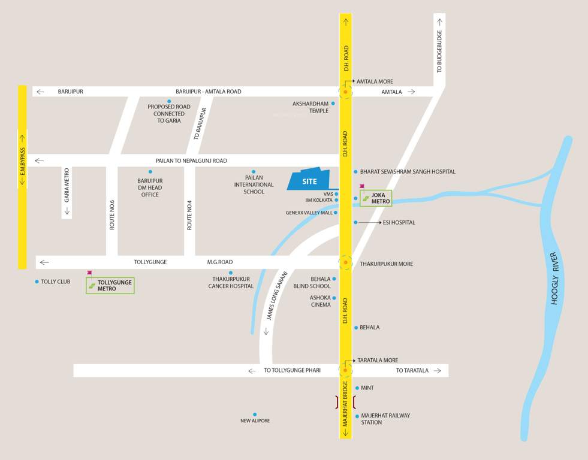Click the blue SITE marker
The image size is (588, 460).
point(309,180)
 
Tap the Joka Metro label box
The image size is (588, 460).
point(376,198)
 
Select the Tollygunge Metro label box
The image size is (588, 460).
point(110,285)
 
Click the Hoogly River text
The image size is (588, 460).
point(554,287)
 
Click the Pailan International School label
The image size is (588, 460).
point(254,184)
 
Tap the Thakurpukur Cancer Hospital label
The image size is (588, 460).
point(231,282)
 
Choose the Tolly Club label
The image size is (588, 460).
point(55,282)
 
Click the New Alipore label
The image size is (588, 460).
point(255,420)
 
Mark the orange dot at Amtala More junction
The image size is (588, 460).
point(345,92)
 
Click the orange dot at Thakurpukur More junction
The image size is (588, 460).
point(345,262)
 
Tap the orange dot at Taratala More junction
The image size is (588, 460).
point(345,370)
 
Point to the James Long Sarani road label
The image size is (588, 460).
point(277,296)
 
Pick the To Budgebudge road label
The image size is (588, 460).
point(439,52)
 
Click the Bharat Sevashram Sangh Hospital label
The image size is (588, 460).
point(408,172)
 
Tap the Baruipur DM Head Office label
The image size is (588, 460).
point(150,187)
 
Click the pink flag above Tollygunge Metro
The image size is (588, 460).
point(89,273)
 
